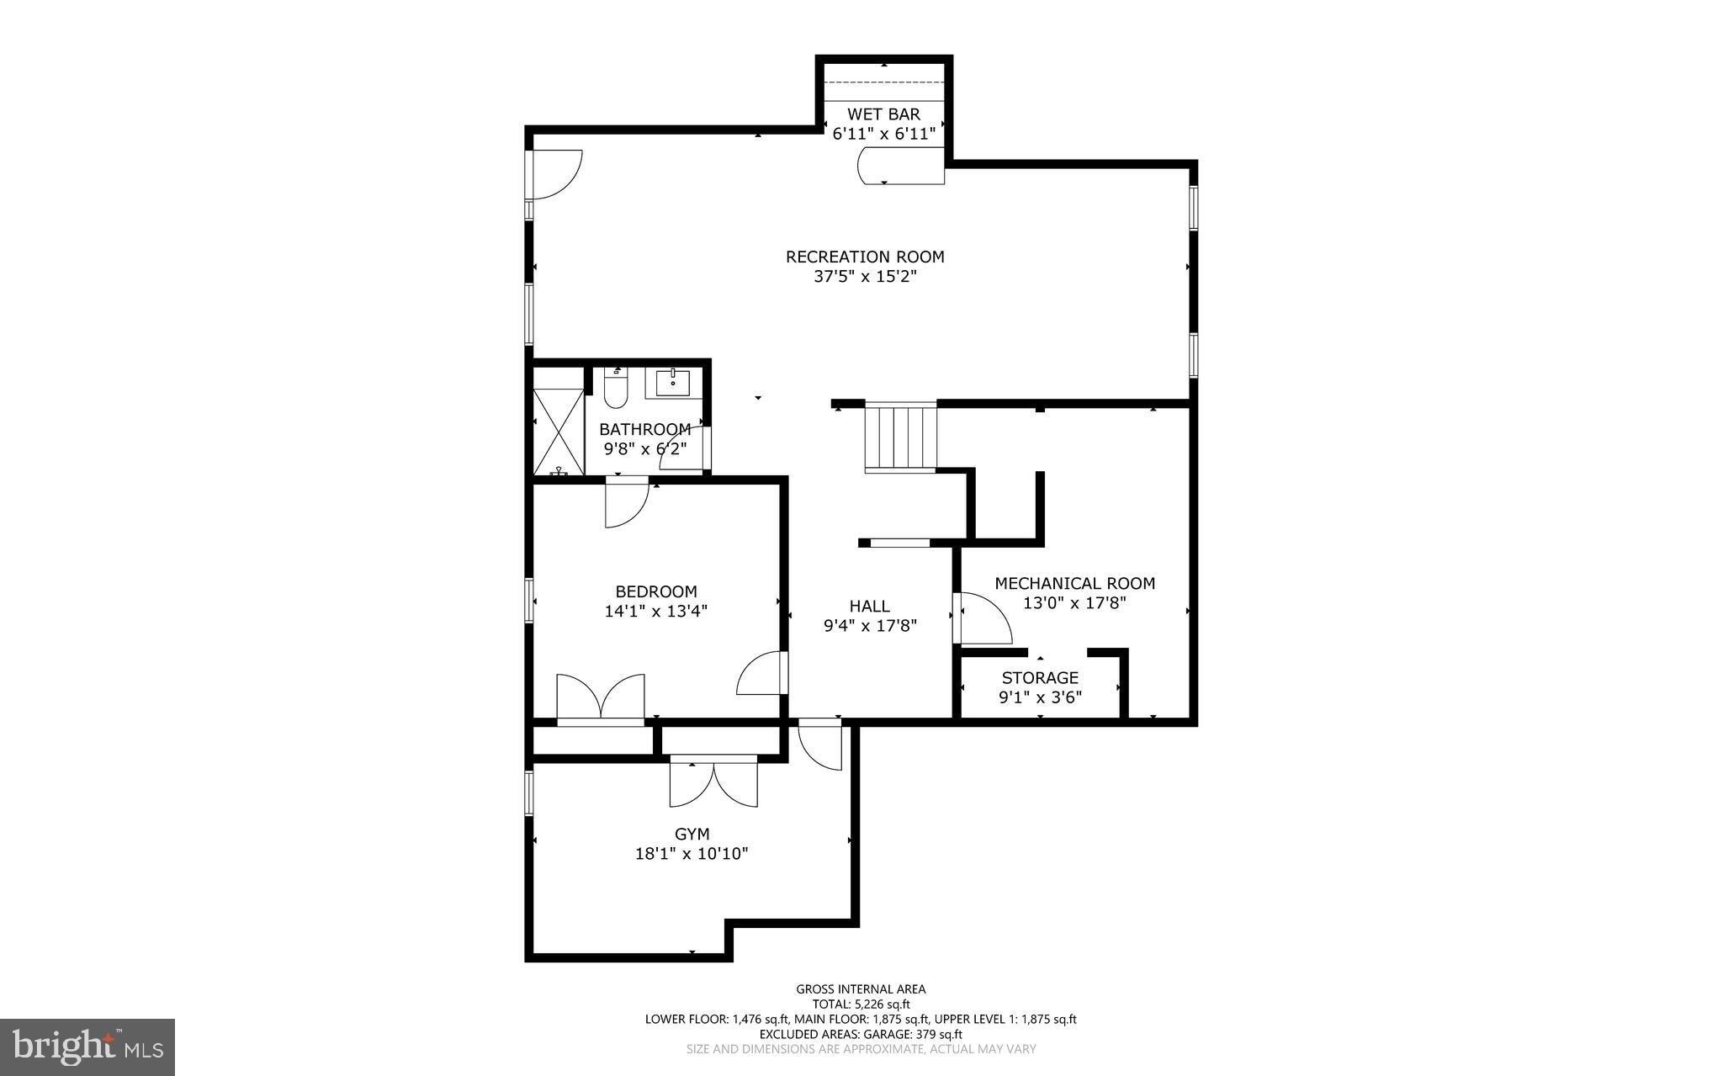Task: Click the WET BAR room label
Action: pos(883,114)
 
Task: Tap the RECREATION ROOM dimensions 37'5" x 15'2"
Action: pos(864,276)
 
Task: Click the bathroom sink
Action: pos(672,383)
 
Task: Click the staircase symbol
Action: pos(900,437)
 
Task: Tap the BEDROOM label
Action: pos(656,591)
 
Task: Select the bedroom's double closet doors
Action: pos(601,698)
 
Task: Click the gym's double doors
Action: pos(713,782)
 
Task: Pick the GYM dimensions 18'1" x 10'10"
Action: pos(692,854)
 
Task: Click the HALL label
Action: pos(869,606)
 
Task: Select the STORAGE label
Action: pos(1040,677)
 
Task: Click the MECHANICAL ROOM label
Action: pos(1074,583)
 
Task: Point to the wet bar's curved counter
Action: pos(900,166)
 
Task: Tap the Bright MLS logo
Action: pos(87,1047)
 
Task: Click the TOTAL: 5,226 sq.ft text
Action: pos(861,1004)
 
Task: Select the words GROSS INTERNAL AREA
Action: pos(861,989)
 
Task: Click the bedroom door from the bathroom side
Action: pos(626,502)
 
